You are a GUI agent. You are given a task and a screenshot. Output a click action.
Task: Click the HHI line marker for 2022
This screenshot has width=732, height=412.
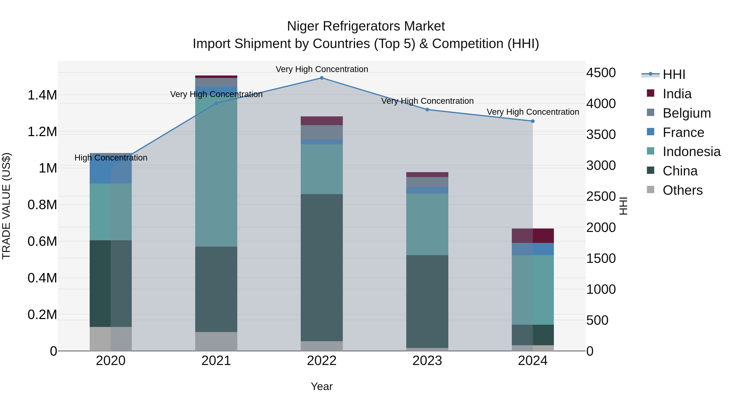322,78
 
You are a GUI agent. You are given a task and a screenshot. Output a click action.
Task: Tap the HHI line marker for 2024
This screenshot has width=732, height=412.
533,121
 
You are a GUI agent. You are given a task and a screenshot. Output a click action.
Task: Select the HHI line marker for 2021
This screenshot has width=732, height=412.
216,103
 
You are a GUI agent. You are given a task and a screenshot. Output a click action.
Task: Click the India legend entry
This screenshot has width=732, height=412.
677,94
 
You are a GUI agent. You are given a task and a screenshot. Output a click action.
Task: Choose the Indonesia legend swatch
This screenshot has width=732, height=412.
650,151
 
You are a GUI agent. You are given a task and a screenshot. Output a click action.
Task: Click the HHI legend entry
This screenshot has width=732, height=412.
674,74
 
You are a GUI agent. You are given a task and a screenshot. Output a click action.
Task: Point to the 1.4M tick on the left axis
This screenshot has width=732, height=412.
42,95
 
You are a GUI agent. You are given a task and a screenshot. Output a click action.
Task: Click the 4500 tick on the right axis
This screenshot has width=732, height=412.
601,73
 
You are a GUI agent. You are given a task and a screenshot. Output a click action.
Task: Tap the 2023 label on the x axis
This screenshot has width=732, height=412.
427,361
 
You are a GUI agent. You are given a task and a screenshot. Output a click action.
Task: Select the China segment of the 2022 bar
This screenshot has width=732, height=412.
322,267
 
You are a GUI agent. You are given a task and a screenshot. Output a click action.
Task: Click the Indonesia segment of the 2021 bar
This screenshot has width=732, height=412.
216,171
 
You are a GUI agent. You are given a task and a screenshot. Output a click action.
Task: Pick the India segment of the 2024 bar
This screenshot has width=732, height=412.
533,236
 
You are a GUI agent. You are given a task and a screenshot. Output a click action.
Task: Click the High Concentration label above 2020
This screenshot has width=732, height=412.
111,158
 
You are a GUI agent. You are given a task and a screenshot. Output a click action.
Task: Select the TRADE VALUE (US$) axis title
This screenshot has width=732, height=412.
6,206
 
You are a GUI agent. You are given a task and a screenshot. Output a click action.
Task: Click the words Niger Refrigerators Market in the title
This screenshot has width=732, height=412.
366,26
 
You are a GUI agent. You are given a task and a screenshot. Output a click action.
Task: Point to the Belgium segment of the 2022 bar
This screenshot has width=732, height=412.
322,132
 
